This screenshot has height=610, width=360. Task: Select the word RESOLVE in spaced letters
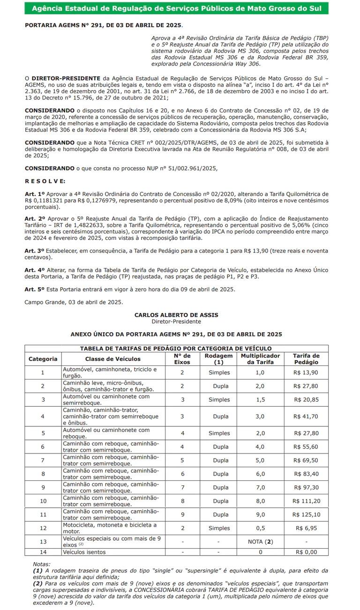[45, 181]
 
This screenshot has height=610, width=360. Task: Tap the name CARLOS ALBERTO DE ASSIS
[176, 315]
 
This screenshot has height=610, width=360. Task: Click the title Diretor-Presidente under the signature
[176, 321]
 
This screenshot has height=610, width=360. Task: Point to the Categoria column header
[43, 359]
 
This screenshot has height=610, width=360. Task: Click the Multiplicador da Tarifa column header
[261, 359]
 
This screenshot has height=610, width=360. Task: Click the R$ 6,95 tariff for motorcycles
[307, 528]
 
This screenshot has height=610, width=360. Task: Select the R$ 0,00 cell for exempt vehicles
[307, 552]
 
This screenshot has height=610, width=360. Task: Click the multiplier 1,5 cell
[260, 400]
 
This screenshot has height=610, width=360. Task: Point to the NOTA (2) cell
[260, 542]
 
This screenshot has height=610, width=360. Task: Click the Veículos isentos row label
[84, 552]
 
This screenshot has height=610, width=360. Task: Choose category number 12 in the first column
[43, 528]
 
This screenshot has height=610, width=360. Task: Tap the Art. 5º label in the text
[35, 289]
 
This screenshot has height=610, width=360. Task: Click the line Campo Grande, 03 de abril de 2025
[74, 302]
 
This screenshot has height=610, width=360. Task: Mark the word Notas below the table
[42, 564]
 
